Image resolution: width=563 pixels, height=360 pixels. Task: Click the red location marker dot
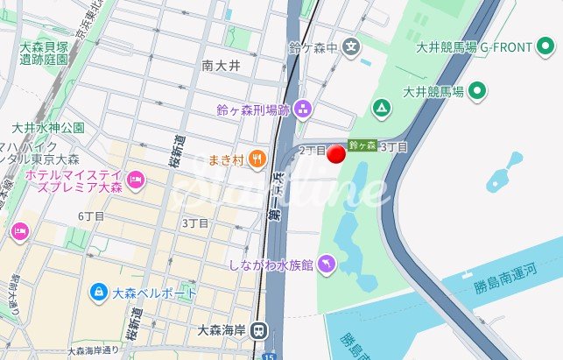click(x=337, y=155)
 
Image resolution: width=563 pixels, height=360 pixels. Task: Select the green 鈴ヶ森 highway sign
click(x=362, y=145)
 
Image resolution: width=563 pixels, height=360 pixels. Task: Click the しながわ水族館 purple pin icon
click(x=326, y=263)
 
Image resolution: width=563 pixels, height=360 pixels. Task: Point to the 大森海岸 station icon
click(x=258, y=330)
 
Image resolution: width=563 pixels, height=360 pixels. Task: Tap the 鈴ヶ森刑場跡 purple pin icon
click(x=303, y=109)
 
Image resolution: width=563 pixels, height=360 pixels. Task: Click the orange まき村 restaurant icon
click(x=256, y=159)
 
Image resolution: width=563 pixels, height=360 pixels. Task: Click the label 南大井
click(x=220, y=65)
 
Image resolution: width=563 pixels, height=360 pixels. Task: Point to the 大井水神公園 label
click(x=48, y=128)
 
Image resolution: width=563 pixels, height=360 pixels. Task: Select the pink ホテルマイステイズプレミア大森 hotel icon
click(x=135, y=181)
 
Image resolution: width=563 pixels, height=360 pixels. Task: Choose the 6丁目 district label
click(x=91, y=216)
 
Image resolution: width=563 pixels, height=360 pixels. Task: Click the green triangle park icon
click(x=381, y=109)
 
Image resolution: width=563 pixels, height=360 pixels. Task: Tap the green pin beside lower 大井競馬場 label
click(x=477, y=89)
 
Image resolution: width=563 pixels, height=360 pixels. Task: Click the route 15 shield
click(x=269, y=356)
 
